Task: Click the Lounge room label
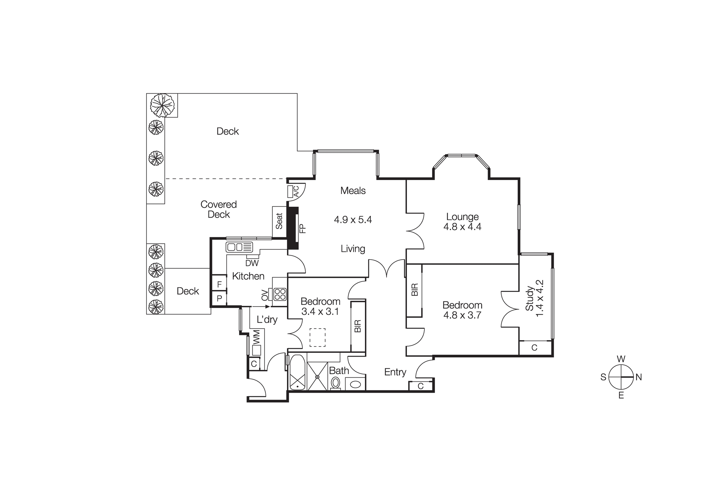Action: pos(462,217)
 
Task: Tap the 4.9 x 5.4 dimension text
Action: pos(353,220)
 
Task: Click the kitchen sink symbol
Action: pos(239,247)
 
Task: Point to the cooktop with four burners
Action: pos(280,294)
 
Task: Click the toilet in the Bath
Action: pos(335,383)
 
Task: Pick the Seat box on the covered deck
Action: pos(279,221)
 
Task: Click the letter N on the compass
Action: pos(639,377)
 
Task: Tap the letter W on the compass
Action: pos(621,359)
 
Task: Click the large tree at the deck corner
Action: pos(162,105)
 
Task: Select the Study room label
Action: pos(529,298)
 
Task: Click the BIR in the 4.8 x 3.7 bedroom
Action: pos(415,290)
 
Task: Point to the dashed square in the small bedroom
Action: pos(317,337)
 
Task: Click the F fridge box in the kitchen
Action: pos(219,284)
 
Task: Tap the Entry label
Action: pos(395,372)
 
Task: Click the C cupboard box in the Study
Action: pos(534,348)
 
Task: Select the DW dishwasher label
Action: pos(252,263)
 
